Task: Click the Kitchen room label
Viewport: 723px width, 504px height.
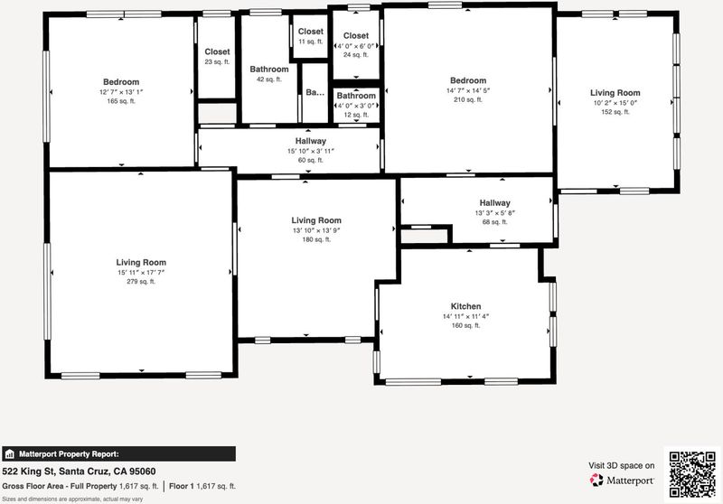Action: (x=465, y=306)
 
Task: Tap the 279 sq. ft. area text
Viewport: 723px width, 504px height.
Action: (x=141, y=282)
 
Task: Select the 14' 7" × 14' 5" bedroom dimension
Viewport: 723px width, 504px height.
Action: (x=468, y=90)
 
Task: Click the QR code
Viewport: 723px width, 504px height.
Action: (x=692, y=474)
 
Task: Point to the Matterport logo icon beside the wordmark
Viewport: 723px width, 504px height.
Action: (x=596, y=480)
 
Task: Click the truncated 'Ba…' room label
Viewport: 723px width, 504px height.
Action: (x=315, y=93)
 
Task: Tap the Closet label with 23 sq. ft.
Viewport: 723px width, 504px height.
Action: (x=217, y=52)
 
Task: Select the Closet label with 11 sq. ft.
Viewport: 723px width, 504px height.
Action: (x=310, y=32)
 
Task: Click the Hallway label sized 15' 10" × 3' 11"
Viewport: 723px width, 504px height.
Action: (x=310, y=141)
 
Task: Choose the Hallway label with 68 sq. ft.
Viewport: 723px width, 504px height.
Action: (x=494, y=202)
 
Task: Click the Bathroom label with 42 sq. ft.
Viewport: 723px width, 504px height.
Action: (x=269, y=70)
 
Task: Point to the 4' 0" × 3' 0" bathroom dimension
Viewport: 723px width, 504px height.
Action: (x=356, y=106)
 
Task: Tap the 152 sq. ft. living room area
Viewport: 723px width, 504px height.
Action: (x=615, y=112)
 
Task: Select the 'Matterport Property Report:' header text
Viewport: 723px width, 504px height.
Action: (x=69, y=454)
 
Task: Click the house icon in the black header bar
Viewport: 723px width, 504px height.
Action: (x=10, y=454)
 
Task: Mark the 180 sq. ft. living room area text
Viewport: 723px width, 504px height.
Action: (x=316, y=239)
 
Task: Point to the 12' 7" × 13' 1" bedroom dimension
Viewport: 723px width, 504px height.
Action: (x=121, y=92)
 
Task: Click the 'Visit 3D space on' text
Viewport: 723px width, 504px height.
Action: (x=621, y=466)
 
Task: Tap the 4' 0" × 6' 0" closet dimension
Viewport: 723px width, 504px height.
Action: (x=356, y=45)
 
